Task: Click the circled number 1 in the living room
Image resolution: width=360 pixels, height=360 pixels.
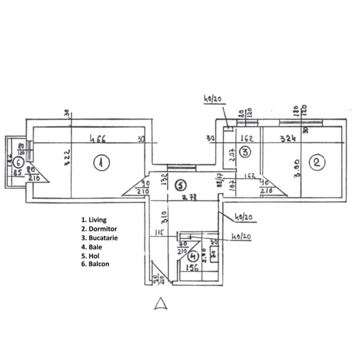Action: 102,163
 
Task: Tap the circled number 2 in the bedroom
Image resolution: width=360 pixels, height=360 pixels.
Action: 317,162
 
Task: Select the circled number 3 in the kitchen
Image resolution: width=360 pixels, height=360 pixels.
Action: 245,152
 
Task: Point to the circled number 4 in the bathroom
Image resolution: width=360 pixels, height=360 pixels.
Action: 193,256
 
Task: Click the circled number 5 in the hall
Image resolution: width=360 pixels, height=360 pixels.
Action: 180,184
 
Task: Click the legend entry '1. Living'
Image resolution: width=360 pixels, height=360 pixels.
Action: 94,220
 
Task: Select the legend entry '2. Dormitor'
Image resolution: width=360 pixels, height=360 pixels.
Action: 98,229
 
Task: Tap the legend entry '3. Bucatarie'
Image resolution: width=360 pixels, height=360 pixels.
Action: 99,238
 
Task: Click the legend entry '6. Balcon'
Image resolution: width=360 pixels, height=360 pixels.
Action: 95,264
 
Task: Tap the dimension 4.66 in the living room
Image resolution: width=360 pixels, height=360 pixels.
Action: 97,139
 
